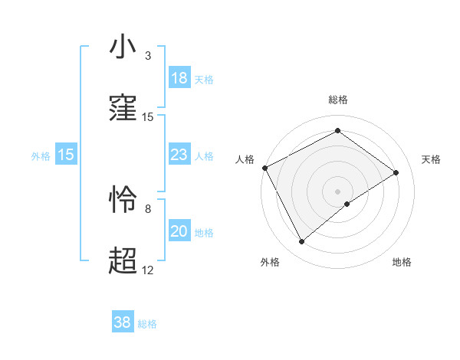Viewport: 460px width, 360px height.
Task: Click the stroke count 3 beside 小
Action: (x=148, y=56)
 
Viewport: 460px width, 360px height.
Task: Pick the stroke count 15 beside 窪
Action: (x=148, y=117)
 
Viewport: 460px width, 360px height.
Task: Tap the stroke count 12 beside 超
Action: (x=148, y=270)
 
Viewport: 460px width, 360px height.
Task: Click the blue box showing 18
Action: (x=179, y=78)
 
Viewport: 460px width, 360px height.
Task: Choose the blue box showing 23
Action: (x=179, y=155)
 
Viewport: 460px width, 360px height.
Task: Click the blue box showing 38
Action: (x=123, y=323)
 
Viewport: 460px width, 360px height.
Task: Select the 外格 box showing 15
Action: (x=66, y=155)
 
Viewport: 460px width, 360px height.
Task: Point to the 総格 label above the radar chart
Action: (x=338, y=100)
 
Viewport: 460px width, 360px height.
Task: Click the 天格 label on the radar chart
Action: (x=432, y=159)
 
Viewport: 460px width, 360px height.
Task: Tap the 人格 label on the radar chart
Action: (x=245, y=159)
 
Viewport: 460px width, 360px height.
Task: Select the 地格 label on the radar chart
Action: (x=402, y=262)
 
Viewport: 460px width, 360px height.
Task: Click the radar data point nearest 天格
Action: (x=396, y=172)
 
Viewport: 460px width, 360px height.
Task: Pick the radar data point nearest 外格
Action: (x=302, y=242)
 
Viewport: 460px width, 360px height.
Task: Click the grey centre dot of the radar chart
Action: (x=338, y=191)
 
